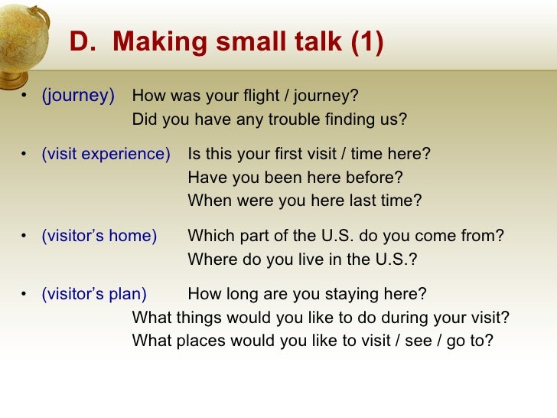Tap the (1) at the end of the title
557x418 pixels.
click(x=366, y=44)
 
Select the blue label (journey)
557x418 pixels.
click(x=78, y=96)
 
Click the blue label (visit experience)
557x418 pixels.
click(x=106, y=154)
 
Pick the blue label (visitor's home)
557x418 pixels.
click(x=99, y=236)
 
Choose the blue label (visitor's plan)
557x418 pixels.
click(x=94, y=294)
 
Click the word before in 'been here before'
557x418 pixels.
click(x=374, y=178)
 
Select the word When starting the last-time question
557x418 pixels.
click(x=208, y=201)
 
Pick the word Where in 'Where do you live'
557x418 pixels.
click(x=210, y=260)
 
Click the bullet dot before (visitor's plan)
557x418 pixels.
click(x=24, y=295)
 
